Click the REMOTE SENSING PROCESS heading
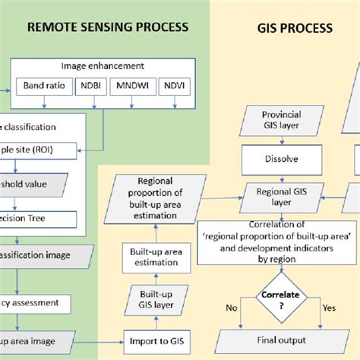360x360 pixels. click(108, 27)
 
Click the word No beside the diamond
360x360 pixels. click(232, 308)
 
